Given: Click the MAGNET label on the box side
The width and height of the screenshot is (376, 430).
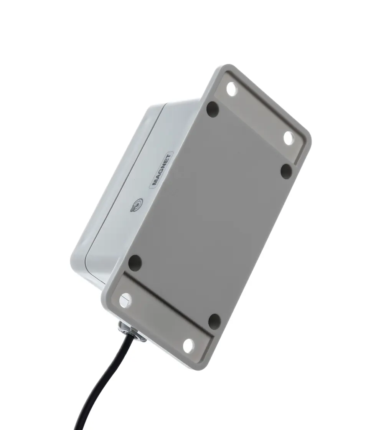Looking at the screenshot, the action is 162,170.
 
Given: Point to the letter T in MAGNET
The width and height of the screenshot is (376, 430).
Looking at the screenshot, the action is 168,157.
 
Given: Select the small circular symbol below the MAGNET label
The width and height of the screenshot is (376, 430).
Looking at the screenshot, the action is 137,206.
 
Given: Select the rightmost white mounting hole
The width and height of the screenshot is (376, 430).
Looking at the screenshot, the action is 289,138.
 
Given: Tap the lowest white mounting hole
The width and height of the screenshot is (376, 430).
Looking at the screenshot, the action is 188,346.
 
